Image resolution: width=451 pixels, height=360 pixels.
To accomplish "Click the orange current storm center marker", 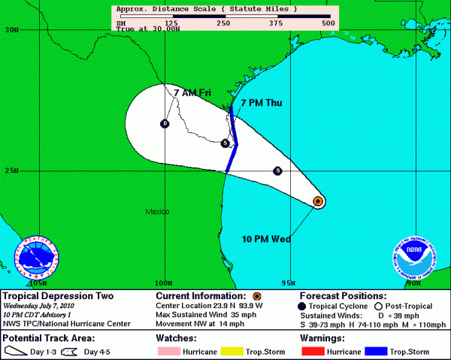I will (x=318, y=201).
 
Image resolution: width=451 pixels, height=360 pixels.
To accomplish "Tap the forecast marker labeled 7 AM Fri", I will (x=165, y=123).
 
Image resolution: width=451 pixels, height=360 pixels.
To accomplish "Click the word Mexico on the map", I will (x=158, y=213).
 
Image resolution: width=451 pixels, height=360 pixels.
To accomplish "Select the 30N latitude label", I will (x=11, y=30).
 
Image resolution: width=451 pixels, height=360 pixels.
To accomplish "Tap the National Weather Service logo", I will (x=37, y=260).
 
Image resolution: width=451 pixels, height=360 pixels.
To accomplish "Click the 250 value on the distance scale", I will (x=222, y=23).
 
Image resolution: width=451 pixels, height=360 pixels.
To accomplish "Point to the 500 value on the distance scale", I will (x=327, y=23).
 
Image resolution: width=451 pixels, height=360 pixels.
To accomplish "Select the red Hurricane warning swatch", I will (x=314, y=351).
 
